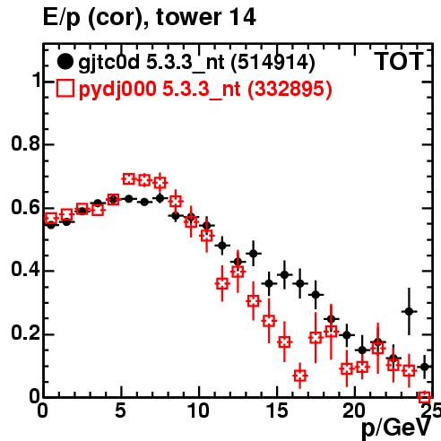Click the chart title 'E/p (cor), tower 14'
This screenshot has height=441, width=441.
[x=150, y=18]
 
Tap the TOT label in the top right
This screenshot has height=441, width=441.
[x=399, y=61]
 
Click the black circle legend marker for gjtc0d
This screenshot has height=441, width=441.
[x=65, y=62]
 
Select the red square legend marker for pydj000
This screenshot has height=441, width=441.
[x=65, y=88]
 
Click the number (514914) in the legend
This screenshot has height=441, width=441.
[x=273, y=62]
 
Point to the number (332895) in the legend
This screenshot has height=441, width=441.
[x=290, y=89]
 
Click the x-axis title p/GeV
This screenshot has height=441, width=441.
[x=396, y=428]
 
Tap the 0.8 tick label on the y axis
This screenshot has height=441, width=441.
[x=26, y=143]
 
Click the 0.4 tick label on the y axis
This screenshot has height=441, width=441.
[x=26, y=270]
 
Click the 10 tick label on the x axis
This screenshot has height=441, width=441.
[x=198, y=411]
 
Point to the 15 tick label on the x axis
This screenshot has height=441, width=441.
[x=277, y=411]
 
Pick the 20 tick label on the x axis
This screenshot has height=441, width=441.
[x=354, y=411]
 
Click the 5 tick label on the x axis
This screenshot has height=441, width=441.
[x=120, y=411]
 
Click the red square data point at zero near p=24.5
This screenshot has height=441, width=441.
[x=425, y=397]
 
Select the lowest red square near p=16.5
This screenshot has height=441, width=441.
[x=300, y=376]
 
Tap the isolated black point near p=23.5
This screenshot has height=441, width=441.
[x=409, y=311]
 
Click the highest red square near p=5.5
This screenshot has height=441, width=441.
[x=128, y=179]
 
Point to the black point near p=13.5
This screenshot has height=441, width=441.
[x=254, y=254]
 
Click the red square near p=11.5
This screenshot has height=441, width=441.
[x=222, y=283]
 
